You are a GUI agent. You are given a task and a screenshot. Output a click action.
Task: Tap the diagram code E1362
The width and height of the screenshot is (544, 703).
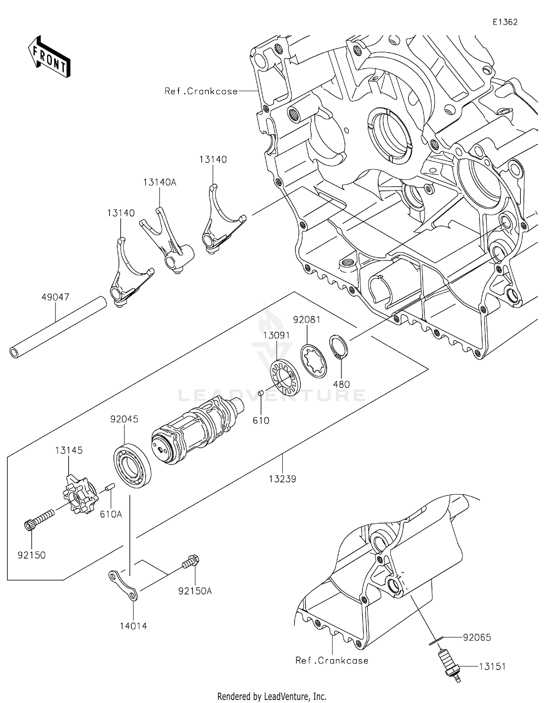tap(505, 22)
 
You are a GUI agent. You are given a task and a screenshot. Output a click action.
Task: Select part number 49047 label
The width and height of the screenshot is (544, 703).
tap(55, 297)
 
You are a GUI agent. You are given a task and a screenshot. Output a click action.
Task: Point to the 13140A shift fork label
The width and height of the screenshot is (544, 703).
tap(160, 182)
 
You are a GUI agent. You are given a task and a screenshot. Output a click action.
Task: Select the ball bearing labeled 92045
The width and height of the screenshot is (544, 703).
tap(132, 466)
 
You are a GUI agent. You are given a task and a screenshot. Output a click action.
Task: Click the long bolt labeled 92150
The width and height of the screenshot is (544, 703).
tap(40, 519)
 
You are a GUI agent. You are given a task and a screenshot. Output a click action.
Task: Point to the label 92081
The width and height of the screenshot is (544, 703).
tap(307, 320)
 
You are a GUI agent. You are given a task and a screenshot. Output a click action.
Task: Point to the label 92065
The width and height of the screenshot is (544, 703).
tap(477, 637)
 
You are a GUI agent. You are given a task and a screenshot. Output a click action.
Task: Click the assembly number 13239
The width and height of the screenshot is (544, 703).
tap(282, 479)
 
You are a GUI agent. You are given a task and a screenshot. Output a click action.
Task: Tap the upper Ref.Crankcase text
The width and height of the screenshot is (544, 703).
tap(201, 91)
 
